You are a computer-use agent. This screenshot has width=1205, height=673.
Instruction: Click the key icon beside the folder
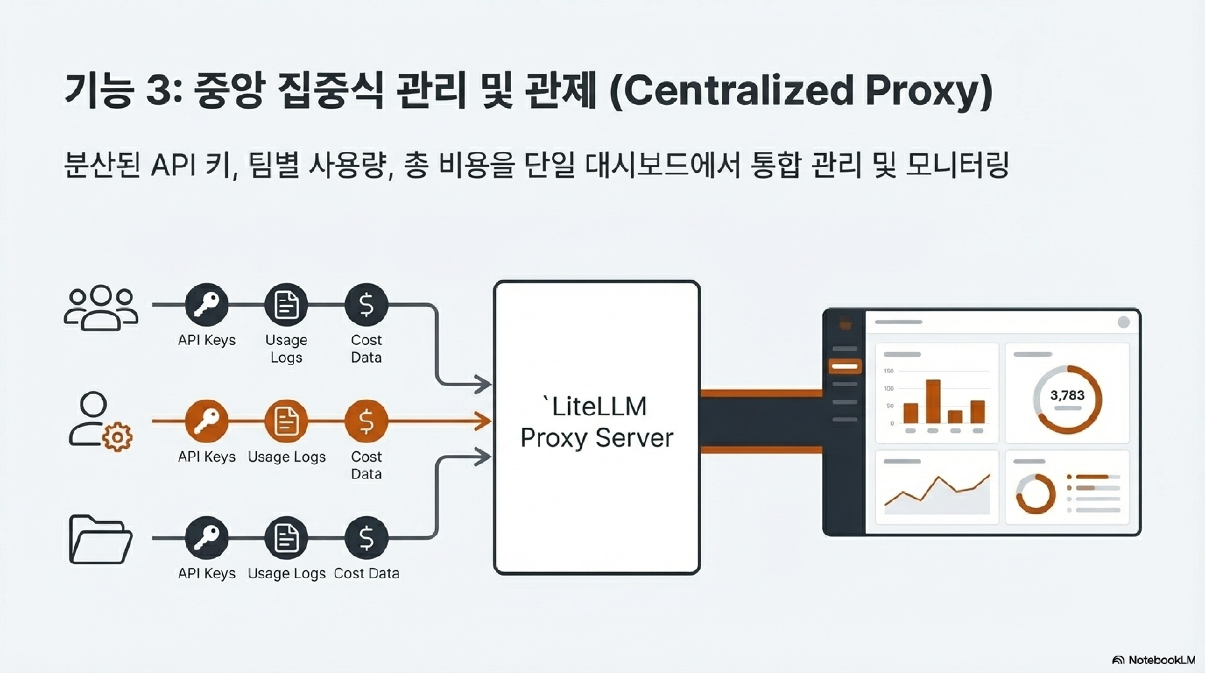pos(206,538)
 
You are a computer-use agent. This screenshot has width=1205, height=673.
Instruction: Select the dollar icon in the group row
pos(366,305)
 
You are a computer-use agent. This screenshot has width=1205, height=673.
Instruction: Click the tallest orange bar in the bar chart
pos(933,401)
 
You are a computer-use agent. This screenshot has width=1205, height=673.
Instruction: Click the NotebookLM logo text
pos(1161,660)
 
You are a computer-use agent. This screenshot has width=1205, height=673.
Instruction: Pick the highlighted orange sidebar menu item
pos(845,366)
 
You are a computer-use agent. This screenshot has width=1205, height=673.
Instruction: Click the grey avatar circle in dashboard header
pos(1124,322)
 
